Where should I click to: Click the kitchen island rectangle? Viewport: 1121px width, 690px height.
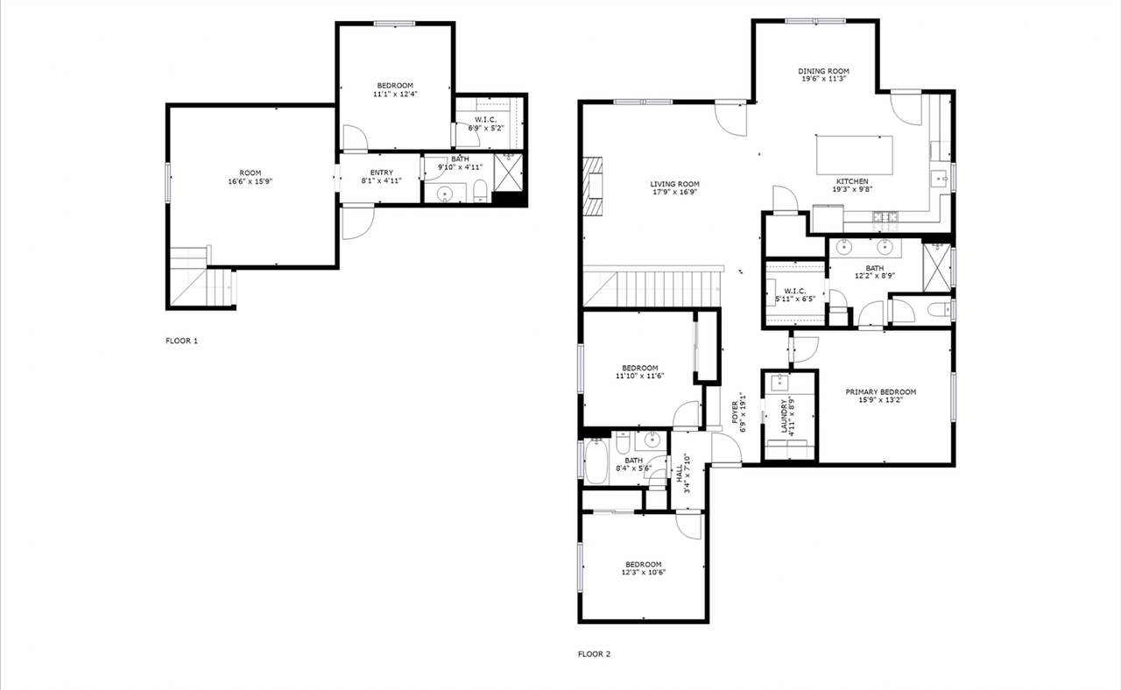click(855, 155)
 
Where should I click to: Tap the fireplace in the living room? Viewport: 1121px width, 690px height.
click(595, 186)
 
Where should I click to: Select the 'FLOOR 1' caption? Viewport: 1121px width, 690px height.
click(181, 341)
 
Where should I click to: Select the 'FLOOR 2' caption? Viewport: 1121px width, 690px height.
click(594, 653)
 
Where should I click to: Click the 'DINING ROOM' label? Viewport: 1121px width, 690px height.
click(823, 71)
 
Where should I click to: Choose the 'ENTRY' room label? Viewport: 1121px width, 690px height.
click(381, 172)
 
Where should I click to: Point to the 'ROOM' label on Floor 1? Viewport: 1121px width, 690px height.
click(250, 172)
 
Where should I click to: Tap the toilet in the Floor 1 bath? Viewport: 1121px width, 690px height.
click(481, 192)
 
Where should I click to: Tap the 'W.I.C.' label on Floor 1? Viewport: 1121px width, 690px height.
click(486, 119)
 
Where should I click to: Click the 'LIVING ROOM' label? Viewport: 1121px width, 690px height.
click(674, 184)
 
